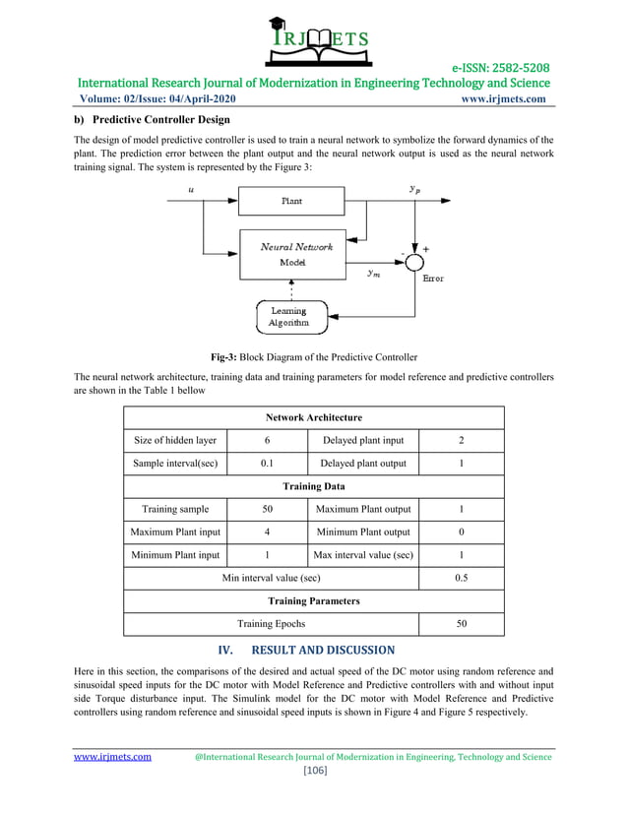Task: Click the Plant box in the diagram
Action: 292,201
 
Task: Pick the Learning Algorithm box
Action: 288,317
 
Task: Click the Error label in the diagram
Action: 433,279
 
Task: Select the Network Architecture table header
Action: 313,417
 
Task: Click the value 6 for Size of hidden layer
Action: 267,440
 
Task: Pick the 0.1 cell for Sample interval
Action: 267,464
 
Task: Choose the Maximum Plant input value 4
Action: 267,532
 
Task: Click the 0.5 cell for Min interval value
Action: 461,578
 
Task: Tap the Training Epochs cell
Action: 271,623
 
